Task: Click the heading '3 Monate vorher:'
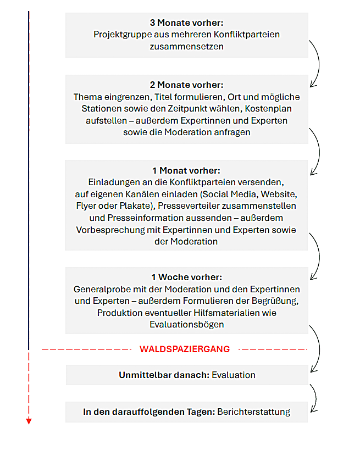(186, 23)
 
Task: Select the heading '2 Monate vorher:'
(186, 85)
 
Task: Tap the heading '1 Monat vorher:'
(186, 171)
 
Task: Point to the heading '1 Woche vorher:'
(186, 277)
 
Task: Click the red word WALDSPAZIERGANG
(185, 349)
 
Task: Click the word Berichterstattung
(254, 412)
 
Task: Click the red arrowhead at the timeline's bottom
(29, 421)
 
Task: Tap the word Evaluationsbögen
(186, 325)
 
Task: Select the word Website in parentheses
(280, 194)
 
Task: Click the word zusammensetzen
(186, 47)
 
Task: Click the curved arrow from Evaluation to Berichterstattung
(315, 397)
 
